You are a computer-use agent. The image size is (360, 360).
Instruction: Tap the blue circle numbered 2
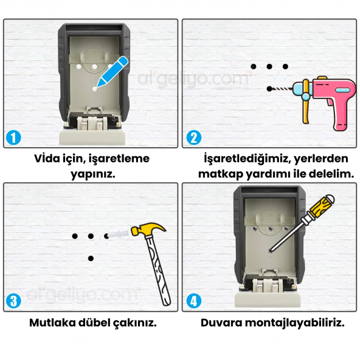coord(193,137)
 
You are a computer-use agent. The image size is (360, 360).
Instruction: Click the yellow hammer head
coord(145,231)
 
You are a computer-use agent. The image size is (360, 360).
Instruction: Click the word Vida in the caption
coord(49,159)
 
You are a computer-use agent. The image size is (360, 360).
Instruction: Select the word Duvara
coord(222,322)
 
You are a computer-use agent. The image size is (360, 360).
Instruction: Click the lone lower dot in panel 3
coord(91,258)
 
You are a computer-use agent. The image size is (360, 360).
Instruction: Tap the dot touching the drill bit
coord(269,89)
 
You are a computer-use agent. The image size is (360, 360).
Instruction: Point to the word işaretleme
coord(119,159)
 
